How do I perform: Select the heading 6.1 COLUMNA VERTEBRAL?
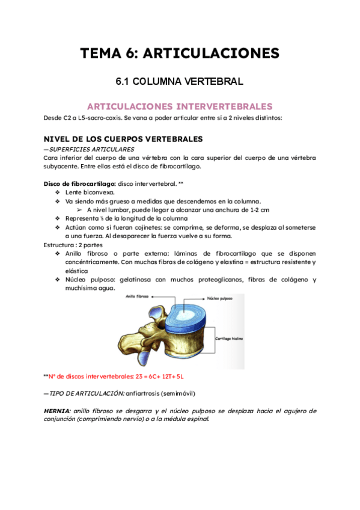tap(180, 81)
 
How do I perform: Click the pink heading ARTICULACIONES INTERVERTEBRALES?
tap(180, 106)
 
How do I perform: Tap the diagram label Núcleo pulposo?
tap(221, 298)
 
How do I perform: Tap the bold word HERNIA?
tap(56, 411)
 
